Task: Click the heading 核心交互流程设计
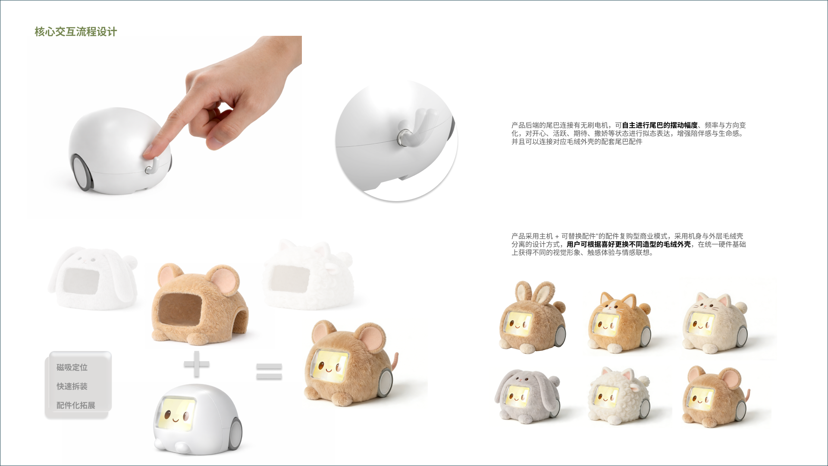[x=75, y=31]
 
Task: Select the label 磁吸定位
[x=72, y=367]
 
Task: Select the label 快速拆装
[x=72, y=386]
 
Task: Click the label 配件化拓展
[x=76, y=405]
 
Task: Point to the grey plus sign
[x=197, y=364]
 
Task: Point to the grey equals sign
[x=269, y=372]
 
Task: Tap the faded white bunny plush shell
[x=93, y=278]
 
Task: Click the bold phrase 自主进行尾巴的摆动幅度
[x=659, y=126]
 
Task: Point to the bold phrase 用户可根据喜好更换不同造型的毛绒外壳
[x=628, y=245]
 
